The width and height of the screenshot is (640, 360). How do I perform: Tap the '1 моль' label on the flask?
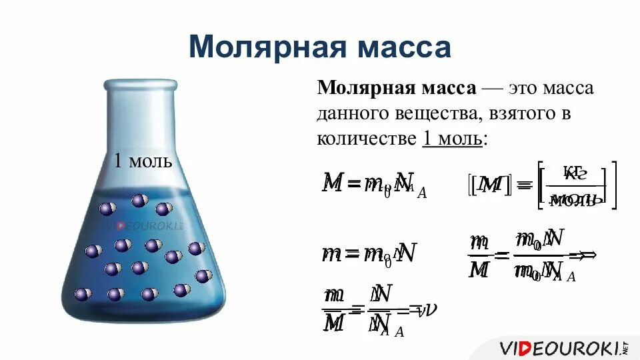[x=143, y=161]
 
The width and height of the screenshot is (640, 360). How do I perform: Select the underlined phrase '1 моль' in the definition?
[x=453, y=139]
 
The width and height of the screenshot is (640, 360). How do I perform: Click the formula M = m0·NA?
[x=373, y=183]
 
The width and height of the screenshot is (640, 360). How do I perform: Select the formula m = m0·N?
[x=369, y=253]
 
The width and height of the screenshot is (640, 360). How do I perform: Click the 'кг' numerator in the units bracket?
[x=574, y=173]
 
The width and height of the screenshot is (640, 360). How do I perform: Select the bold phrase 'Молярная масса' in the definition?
[x=396, y=89]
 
